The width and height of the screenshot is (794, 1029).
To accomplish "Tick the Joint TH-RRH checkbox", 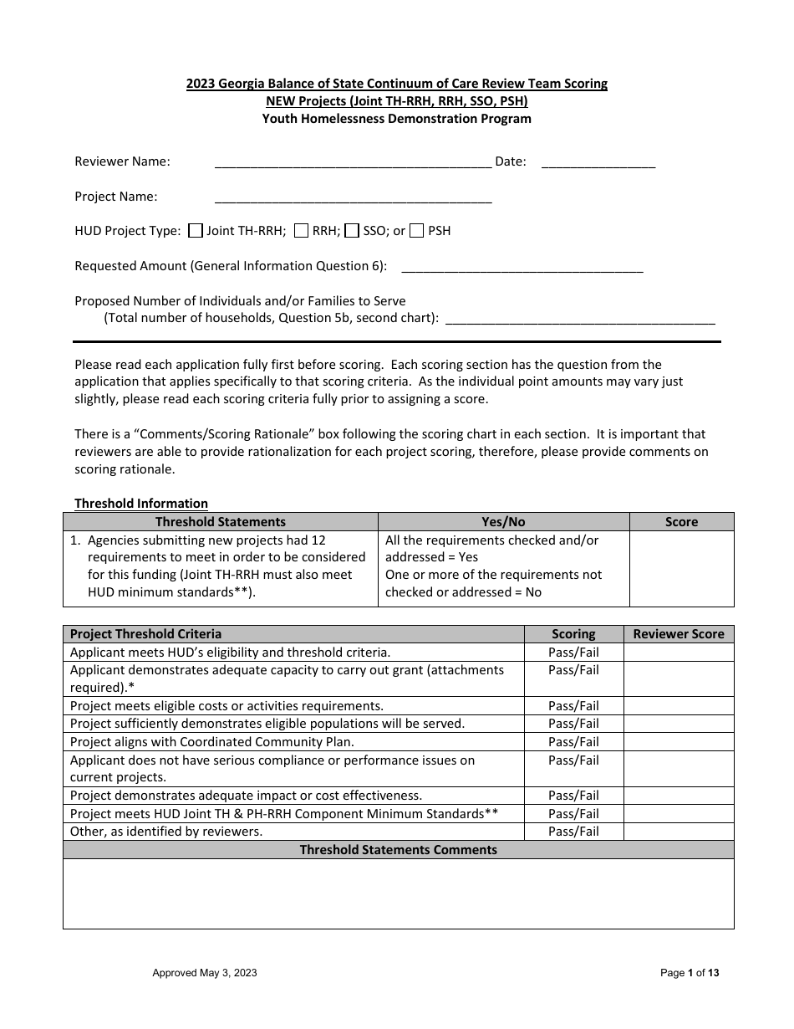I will [196, 231].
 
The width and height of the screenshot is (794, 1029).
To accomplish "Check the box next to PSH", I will [417, 231].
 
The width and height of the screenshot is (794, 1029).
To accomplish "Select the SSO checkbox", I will [353, 231].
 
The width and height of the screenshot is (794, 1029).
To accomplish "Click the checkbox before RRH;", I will [303, 231].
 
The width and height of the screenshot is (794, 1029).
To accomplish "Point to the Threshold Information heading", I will [141, 504].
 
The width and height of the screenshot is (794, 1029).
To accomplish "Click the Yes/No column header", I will [503, 522].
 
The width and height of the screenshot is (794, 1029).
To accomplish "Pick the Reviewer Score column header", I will [679, 634].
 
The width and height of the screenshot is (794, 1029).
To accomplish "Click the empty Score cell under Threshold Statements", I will [681, 568].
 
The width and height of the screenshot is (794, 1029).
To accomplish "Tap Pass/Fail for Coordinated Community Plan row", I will [573, 742].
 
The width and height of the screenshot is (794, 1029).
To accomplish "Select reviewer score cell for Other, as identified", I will [679, 832].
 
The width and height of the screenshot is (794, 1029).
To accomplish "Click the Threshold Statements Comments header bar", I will [398, 850].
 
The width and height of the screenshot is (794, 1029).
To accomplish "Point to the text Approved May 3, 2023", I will [205, 973].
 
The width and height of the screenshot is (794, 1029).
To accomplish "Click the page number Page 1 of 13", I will [689, 973].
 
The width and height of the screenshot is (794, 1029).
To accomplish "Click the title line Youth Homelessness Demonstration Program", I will [397, 119].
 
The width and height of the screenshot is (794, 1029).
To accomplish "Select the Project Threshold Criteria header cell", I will [146, 634].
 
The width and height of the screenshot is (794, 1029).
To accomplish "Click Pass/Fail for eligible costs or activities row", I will [573, 706].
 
